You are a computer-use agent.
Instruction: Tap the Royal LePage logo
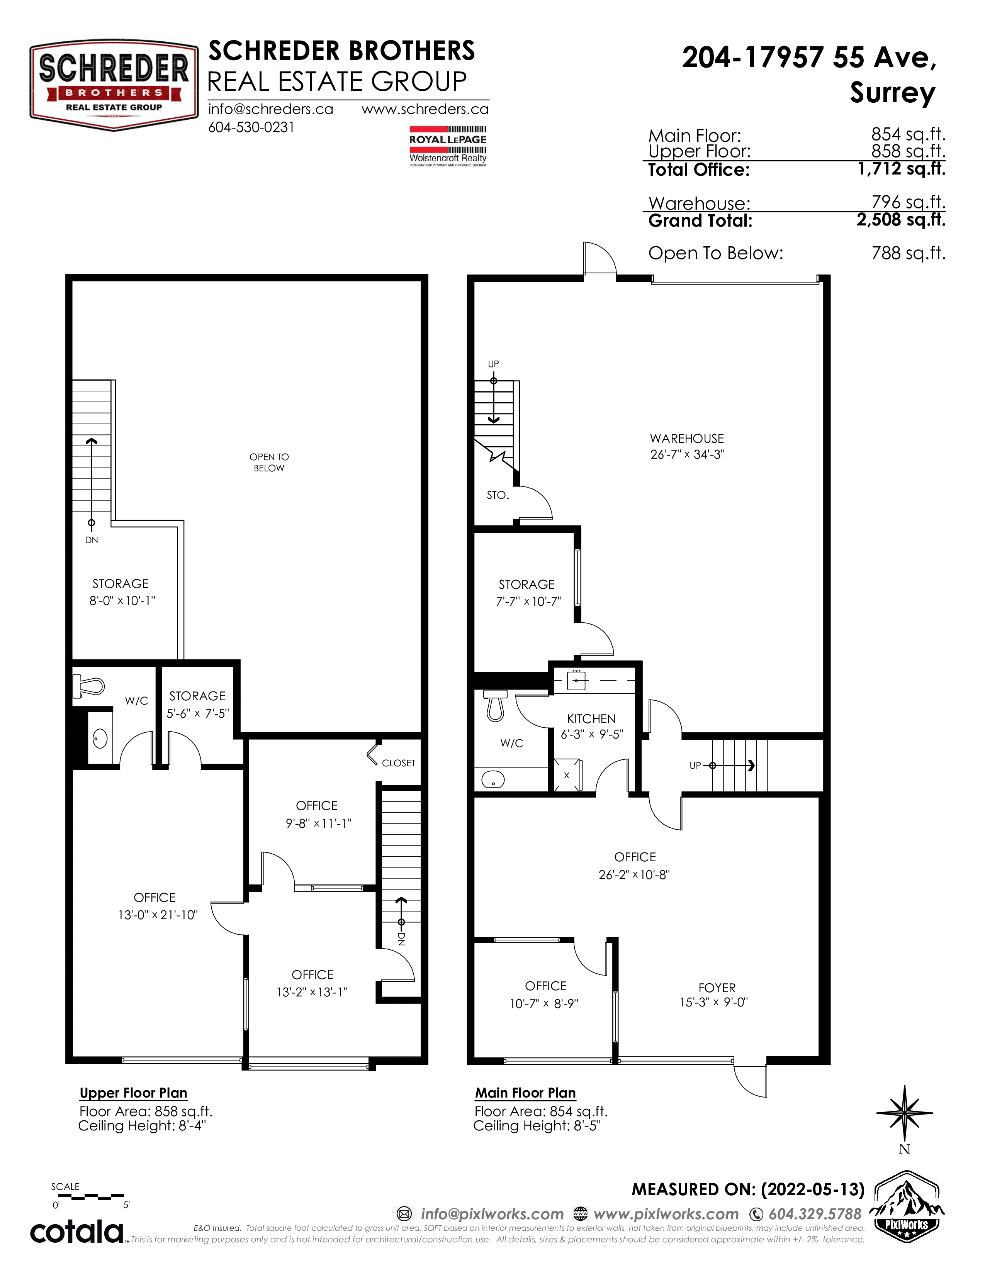[448, 146]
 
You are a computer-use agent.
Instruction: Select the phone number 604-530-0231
[251, 127]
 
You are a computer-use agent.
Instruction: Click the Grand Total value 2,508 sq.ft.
[901, 220]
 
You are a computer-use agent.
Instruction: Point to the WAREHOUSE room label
[687, 439]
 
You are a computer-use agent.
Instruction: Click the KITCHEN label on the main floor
[591, 719]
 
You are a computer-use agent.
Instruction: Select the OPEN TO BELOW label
[269, 463]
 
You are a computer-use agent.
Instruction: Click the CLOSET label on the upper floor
[399, 763]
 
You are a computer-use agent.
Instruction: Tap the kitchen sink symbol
[576, 680]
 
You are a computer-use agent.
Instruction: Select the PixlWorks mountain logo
[906, 1206]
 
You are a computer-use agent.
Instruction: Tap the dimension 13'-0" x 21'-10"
[158, 915]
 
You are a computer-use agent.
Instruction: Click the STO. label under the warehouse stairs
[498, 495]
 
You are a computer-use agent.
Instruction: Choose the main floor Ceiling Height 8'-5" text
[537, 1126]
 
